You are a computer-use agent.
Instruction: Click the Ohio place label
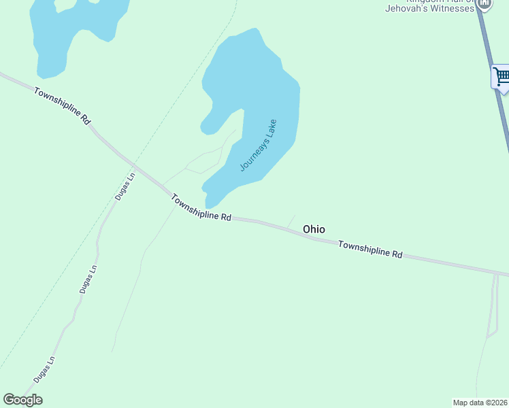314,229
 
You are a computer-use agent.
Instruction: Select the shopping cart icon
502,75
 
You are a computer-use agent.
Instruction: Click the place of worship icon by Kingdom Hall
484,3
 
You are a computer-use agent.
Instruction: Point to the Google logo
22,400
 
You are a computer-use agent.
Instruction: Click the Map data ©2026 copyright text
480,403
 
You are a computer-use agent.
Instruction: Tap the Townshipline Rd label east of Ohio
370,250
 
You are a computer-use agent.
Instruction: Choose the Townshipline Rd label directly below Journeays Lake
201,208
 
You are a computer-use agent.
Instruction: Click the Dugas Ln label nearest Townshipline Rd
125,186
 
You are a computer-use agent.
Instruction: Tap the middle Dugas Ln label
88,278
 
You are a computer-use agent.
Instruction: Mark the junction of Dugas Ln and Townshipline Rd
136,167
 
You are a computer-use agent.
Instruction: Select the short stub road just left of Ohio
292,220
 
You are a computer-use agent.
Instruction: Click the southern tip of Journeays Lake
210,205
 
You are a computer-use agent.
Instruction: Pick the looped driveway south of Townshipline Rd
493,306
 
